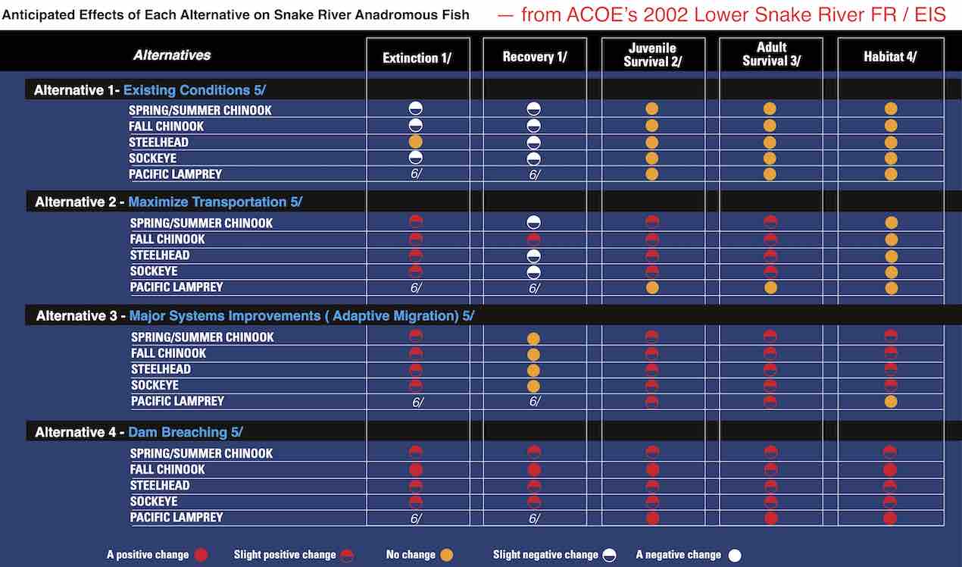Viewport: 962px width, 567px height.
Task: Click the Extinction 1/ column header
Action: click(x=417, y=58)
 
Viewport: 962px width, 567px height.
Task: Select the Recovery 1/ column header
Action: click(x=534, y=58)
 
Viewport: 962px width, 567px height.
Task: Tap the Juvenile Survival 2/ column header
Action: click(x=652, y=55)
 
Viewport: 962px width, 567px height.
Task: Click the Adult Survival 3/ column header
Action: click(x=770, y=55)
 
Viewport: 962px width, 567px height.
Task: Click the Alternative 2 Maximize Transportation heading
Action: click(x=168, y=202)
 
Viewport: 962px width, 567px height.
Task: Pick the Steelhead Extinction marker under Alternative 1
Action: click(x=416, y=142)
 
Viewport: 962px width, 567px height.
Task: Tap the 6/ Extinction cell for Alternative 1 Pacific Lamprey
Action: click(x=416, y=174)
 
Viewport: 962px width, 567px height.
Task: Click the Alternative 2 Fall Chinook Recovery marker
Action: click(x=534, y=240)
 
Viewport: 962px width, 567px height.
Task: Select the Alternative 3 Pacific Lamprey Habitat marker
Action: click(x=891, y=401)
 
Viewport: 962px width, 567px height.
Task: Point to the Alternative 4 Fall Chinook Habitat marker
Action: click(x=891, y=469)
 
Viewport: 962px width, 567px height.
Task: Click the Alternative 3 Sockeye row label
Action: click(x=155, y=385)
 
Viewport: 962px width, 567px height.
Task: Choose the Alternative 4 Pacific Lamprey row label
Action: click(x=176, y=517)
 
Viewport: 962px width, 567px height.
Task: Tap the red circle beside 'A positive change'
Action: click(x=201, y=555)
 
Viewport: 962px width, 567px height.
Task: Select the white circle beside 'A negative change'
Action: click(x=734, y=555)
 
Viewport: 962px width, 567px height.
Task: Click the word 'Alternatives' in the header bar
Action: click(x=172, y=55)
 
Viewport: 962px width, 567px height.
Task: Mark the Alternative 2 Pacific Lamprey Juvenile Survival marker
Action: click(x=652, y=287)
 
